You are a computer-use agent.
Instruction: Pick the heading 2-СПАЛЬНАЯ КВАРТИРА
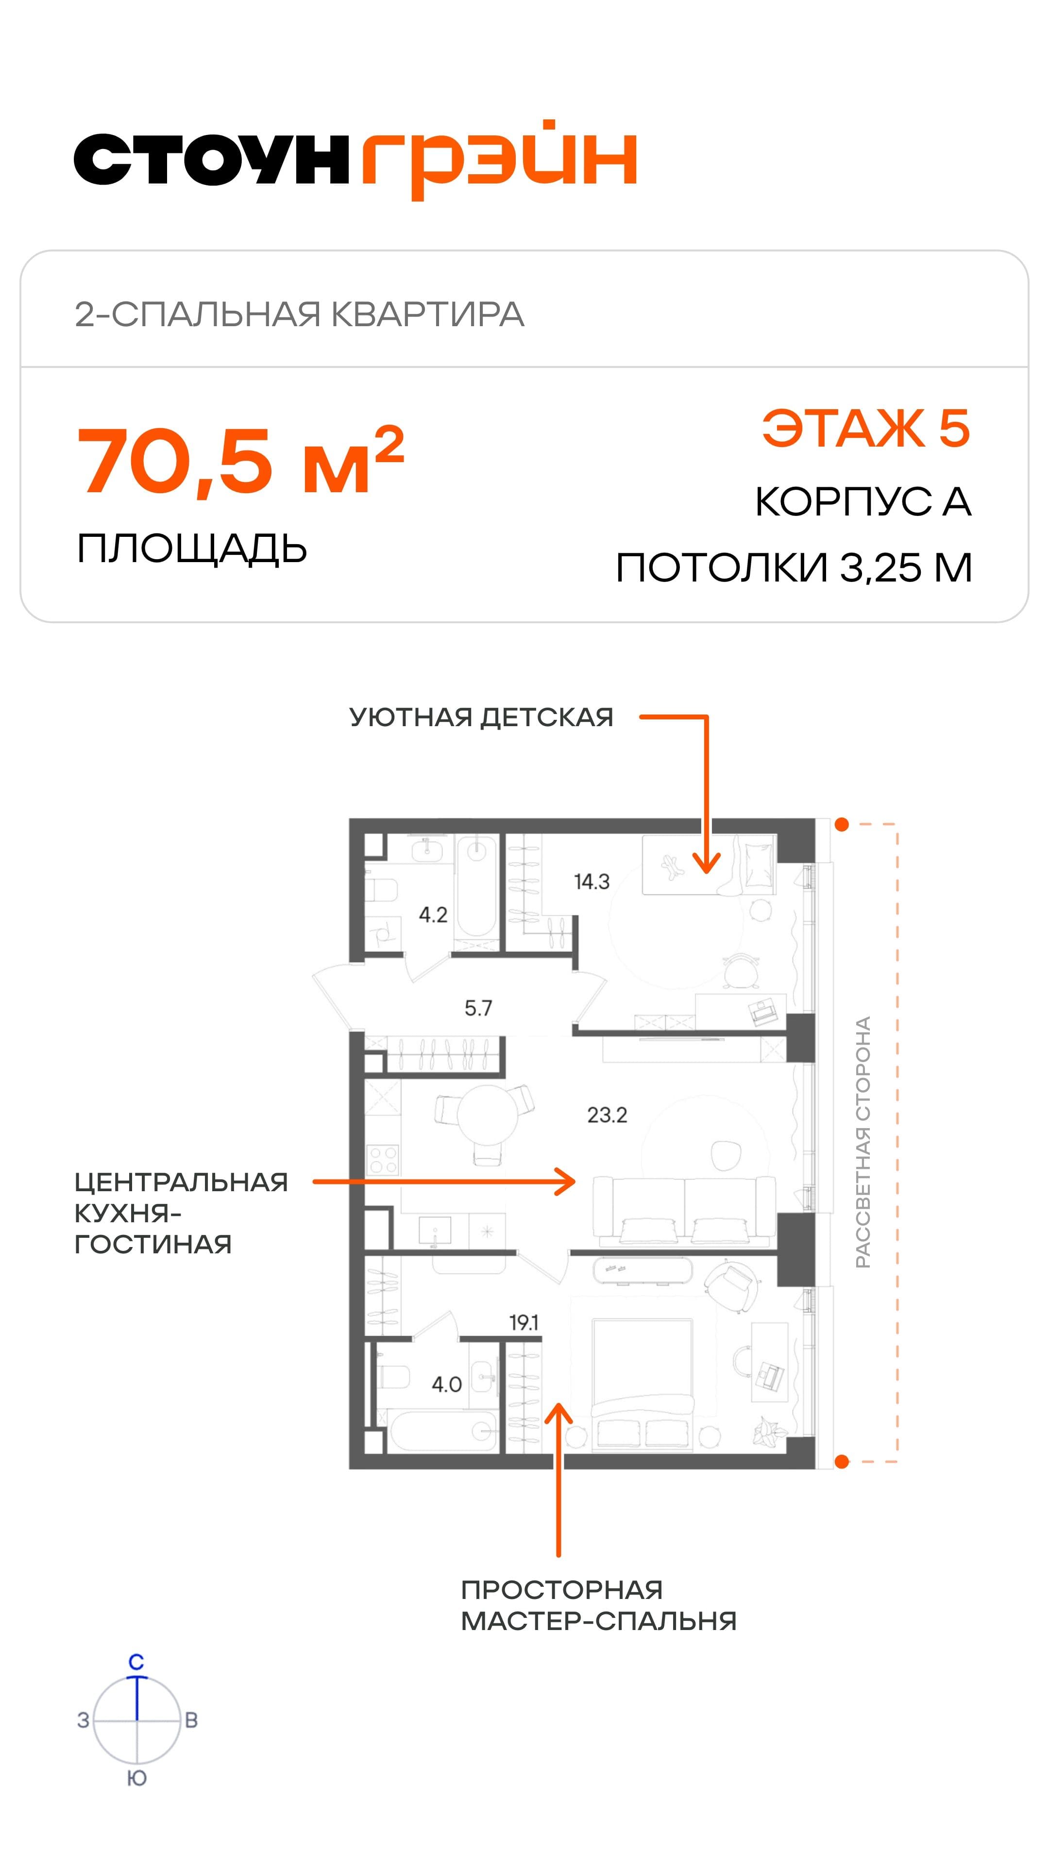coord(300,315)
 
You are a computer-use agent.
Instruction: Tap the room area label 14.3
coord(592,882)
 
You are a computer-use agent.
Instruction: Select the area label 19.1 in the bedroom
coord(524,1323)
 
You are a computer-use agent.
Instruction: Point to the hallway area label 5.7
coord(478,1008)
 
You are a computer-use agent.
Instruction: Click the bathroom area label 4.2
coord(433,915)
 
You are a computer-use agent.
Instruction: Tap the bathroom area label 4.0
coord(447,1384)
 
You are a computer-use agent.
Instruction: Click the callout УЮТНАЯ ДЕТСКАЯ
coord(481,717)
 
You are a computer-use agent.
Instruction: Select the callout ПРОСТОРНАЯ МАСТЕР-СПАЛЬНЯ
coord(599,1606)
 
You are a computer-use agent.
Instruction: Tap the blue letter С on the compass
coord(136,1662)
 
